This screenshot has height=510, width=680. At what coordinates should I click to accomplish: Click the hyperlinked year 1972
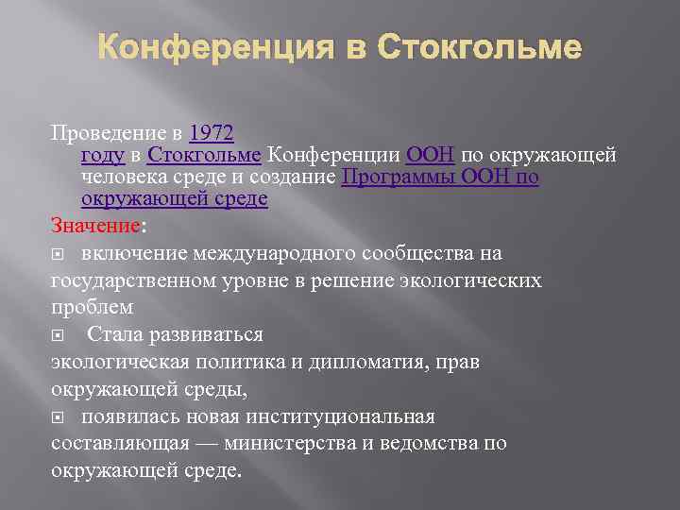tap(212, 132)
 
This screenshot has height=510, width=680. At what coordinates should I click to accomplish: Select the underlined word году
tap(104, 154)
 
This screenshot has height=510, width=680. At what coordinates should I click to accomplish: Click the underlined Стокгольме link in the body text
tap(205, 154)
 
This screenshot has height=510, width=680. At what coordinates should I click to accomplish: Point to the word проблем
tap(92, 308)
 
